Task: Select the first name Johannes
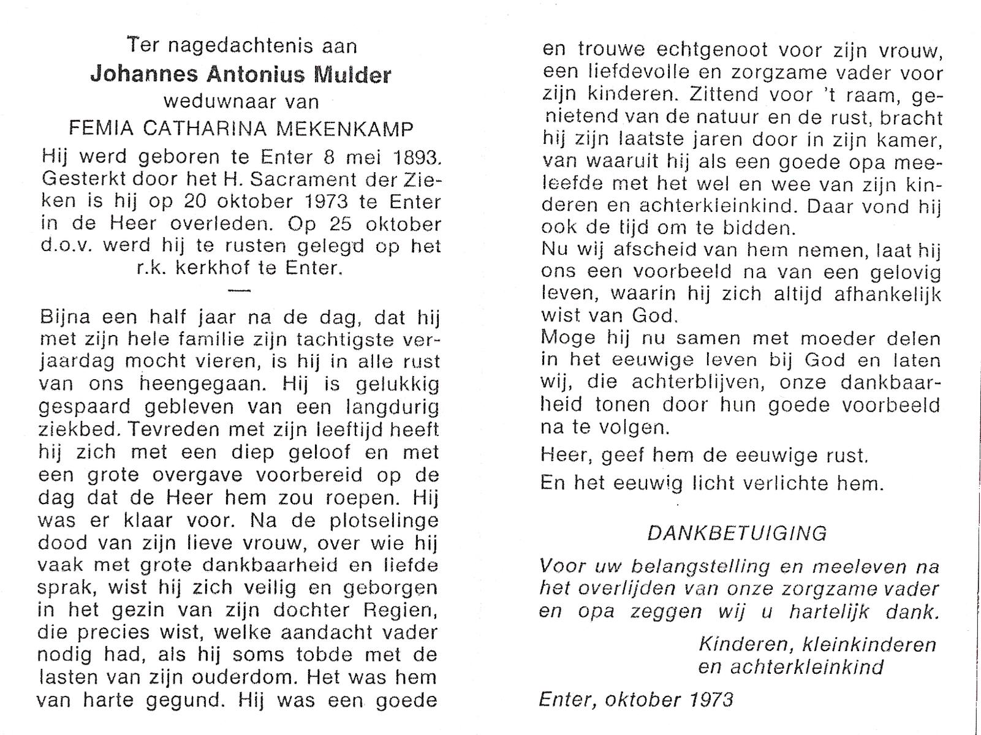click(144, 74)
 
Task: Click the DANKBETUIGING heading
click(737, 533)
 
